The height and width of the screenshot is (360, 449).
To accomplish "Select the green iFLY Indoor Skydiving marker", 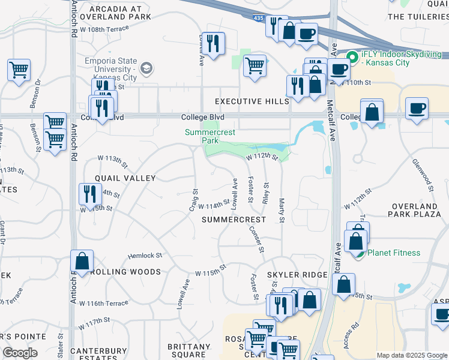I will (352, 58).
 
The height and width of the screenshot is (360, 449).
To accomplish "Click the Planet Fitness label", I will (393, 253).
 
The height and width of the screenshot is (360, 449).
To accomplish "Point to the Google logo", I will (20, 353).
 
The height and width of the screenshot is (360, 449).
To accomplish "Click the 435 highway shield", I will (258, 19).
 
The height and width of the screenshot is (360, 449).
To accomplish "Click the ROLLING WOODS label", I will (125, 272).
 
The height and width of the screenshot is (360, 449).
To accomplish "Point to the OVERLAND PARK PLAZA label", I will (415, 210).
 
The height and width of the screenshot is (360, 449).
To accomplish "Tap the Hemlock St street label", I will (145, 256).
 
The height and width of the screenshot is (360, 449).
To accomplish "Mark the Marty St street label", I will (281, 207).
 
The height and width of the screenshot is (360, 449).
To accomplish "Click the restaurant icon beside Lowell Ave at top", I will (213, 43).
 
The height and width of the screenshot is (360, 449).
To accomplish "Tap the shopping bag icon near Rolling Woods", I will (82, 261).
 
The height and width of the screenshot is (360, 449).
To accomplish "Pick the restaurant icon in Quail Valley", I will (88, 194).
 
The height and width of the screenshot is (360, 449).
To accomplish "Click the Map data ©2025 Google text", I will (411, 355).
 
